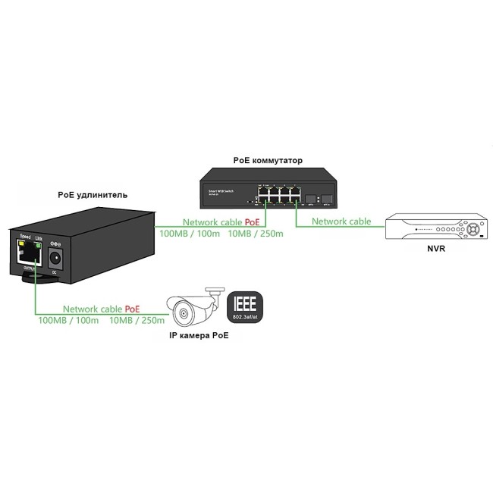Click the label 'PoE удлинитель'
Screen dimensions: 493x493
pyautogui.click(x=93, y=195)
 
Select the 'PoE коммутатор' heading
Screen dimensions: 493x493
pyautogui.click(x=268, y=161)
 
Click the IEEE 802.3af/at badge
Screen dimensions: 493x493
pyautogui.click(x=245, y=308)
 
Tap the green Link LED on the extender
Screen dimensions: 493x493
pyautogui.click(x=39, y=245)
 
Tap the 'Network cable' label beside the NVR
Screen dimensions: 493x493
pyautogui.click(x=341, y=221)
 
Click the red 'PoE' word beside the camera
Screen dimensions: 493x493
pyautogui.click(x=132, y=309)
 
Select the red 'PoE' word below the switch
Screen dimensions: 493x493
pyautogui.click(x=252, y=222)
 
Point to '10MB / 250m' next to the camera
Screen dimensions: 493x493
pyautogui.click(x=137, y=321)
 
